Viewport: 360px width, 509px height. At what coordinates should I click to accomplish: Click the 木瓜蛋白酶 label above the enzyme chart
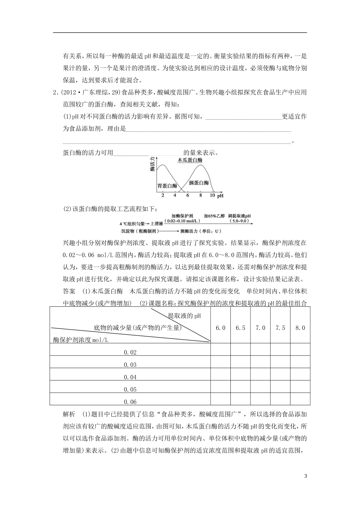click(x=190, y=160)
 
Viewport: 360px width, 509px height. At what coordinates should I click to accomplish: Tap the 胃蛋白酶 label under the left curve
click(x=167, y=186)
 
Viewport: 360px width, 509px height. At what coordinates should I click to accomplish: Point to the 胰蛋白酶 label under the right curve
click(x=199, y=183)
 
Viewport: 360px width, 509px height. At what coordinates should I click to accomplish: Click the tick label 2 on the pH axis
click(x=163, y=195)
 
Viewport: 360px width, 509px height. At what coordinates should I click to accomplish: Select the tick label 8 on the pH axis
click(x=200, y=195)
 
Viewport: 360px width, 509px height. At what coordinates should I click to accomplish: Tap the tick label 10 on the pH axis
click(x=212, y=195)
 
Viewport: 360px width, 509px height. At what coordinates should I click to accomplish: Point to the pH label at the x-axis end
click(x=221, y=196)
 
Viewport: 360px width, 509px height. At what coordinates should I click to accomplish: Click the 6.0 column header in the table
click(x=220, y=328)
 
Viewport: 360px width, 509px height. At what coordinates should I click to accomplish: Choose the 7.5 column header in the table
click(x=280, y=328)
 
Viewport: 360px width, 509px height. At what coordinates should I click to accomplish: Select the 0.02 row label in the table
click(x=130, y=352)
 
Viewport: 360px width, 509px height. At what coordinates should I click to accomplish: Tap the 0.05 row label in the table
click(x=130, y=389)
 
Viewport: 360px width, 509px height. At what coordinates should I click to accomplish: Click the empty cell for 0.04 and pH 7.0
click(x=260, y=377)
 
